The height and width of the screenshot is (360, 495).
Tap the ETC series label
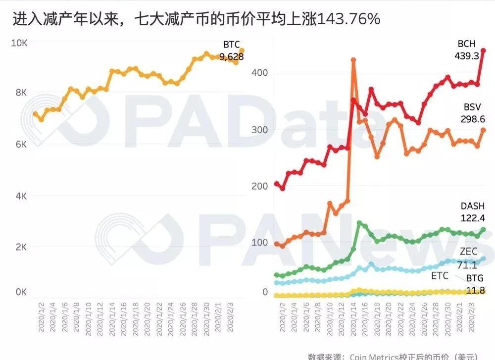[x=440, y=275]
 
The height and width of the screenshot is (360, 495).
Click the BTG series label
[x=475, y=278]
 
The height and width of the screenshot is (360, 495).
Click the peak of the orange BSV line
[x=353, y=60]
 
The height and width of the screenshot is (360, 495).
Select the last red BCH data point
[x=484, y=50]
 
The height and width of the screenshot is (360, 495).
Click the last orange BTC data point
[x=242, y=51]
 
